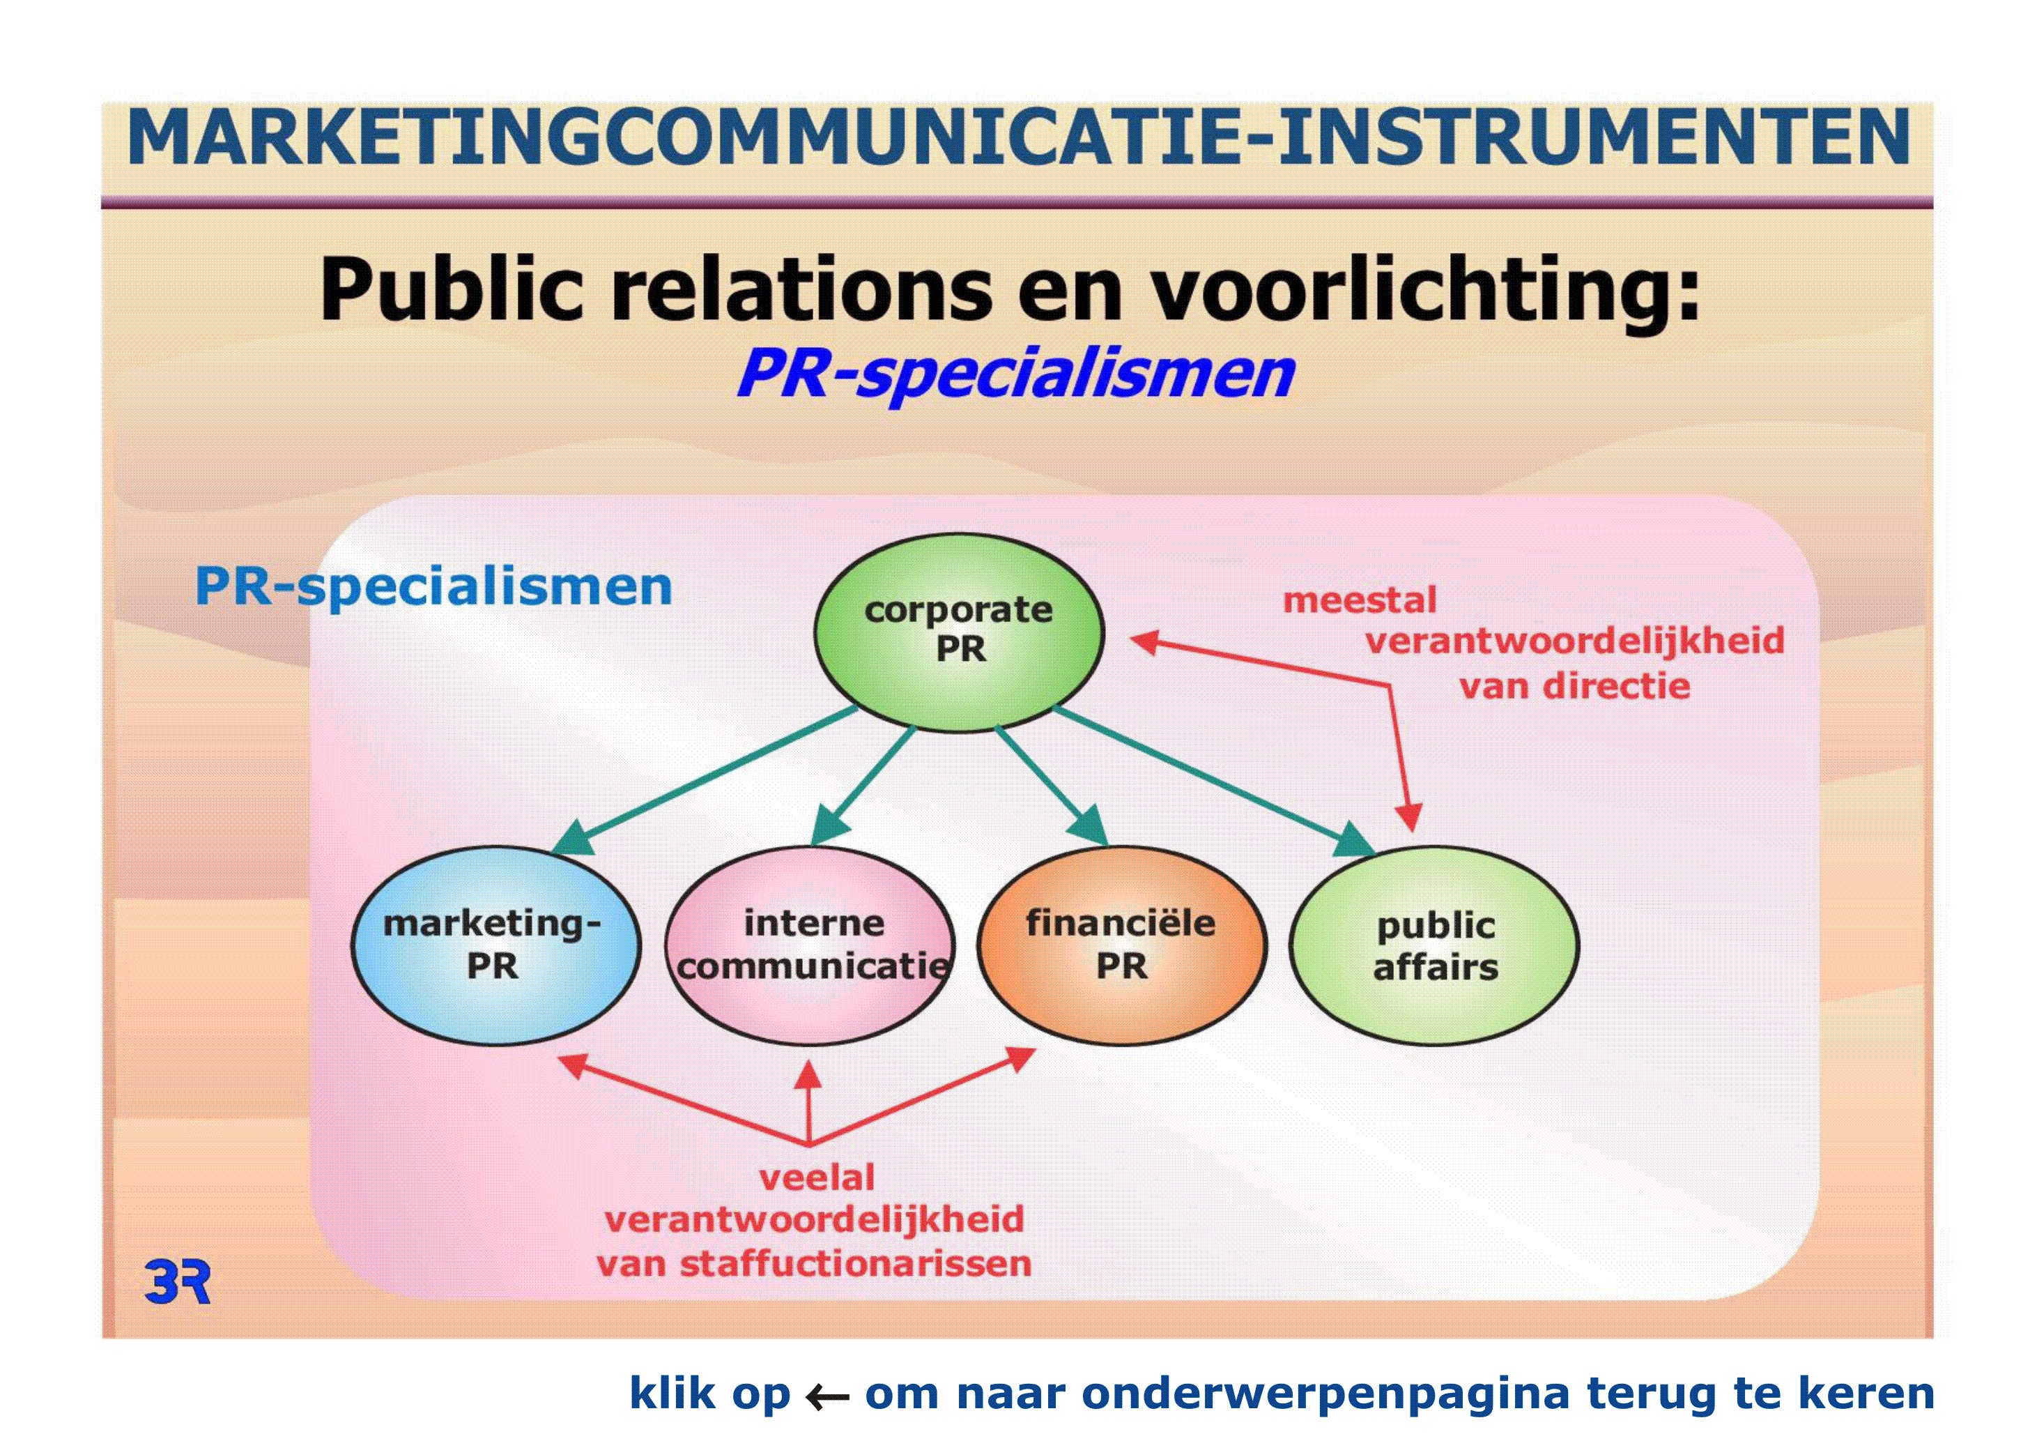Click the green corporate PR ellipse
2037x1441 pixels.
point(959,632)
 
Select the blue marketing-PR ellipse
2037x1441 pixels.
point(496,946)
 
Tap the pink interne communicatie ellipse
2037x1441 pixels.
point(810,946)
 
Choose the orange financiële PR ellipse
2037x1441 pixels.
point(1122,946)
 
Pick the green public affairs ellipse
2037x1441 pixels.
point(1435,946)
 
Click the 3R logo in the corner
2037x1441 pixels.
point(178,1281)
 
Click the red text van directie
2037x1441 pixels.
point(1575,686)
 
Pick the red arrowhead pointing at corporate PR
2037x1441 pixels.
point(1146,641)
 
